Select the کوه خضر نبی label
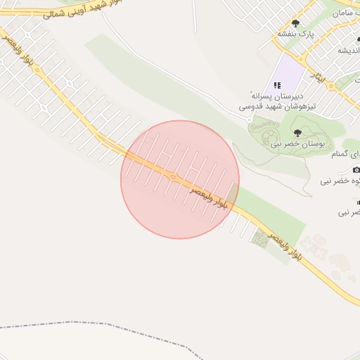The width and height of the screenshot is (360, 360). (340, 181)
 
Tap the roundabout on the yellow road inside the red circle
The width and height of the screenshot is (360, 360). (172, 176)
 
